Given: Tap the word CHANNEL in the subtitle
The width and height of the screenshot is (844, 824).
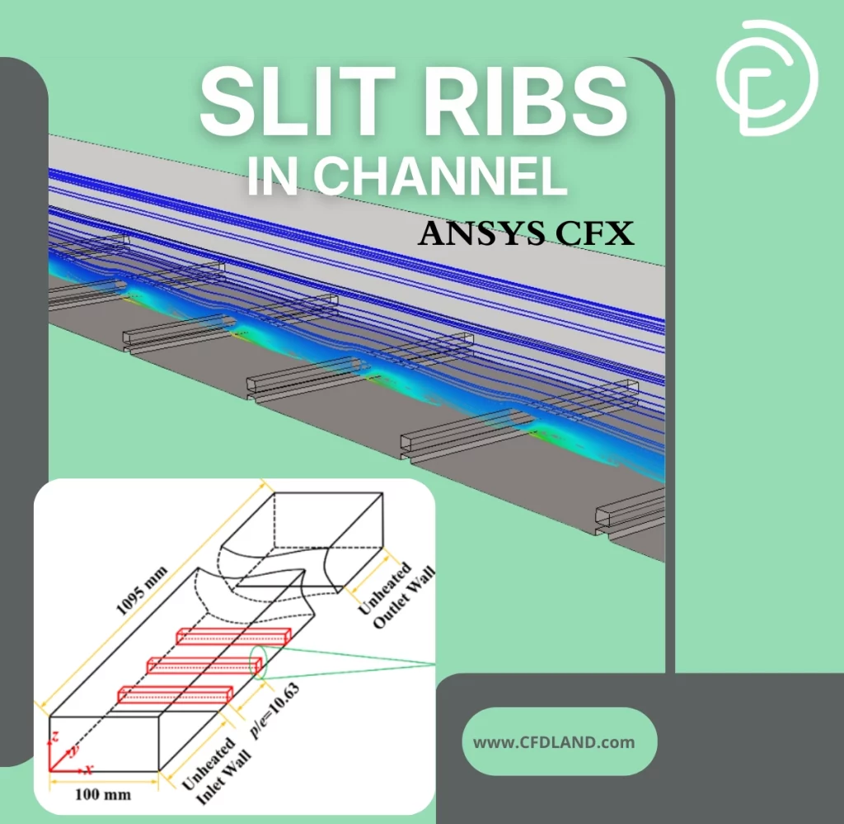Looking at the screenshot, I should tap(441, 175).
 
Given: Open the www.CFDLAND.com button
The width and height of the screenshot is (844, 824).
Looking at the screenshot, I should tap(554, 742).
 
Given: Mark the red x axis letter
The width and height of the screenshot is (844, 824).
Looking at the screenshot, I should tap(88, 769).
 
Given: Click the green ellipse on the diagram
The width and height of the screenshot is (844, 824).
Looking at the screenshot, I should tap(259, 662).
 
